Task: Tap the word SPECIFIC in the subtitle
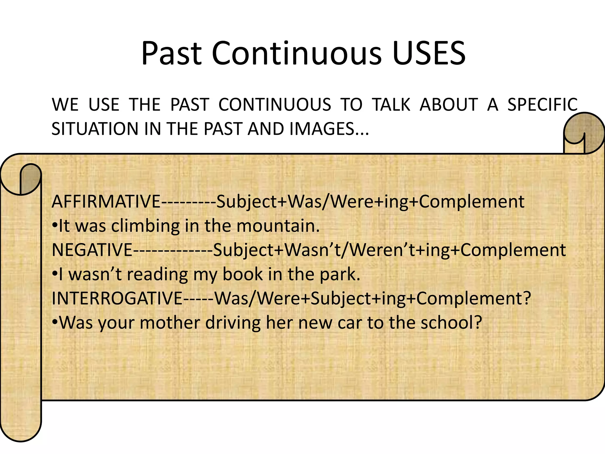542,105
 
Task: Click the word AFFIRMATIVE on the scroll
106,202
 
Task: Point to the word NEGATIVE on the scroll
92,250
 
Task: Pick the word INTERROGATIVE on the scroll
117,299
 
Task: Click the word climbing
145,226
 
